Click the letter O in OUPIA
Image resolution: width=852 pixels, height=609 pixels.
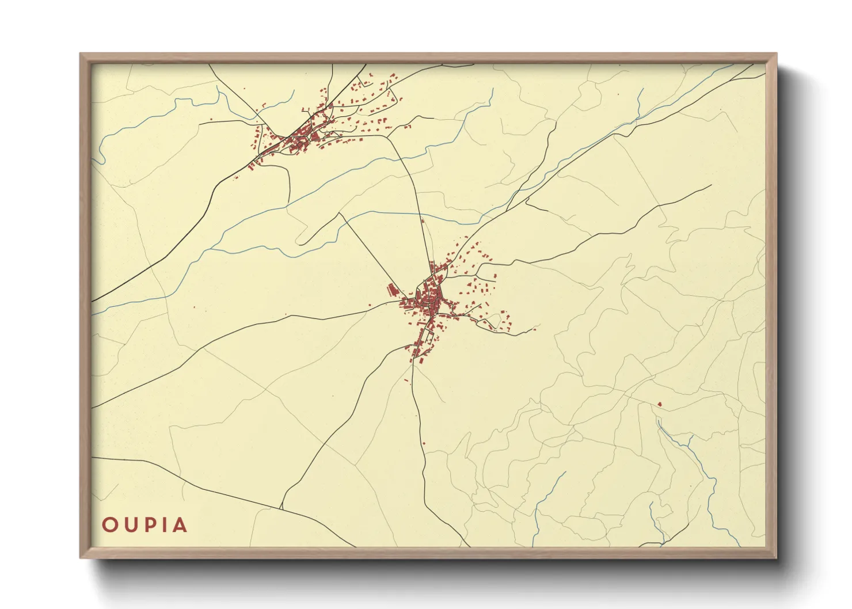pos(109,525)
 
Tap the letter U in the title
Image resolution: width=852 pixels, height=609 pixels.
pos(130,525)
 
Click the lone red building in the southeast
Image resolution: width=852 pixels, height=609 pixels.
pos(660,404)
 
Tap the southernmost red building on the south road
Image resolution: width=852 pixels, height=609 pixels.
pos(424,443)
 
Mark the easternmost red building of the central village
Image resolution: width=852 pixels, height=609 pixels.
pos(535,328)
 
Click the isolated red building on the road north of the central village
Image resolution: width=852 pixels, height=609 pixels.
pos(423,220)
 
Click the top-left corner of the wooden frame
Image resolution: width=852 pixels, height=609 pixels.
pos(81,54)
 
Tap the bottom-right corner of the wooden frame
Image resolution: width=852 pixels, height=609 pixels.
pos(776,557)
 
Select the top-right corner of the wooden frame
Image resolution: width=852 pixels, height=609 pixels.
pos(776,54)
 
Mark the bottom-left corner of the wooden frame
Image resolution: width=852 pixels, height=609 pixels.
pos(81,557)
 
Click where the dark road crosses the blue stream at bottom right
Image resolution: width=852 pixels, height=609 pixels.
pos(663,542)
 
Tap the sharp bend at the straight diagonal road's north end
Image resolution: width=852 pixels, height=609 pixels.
pos(340,214)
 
